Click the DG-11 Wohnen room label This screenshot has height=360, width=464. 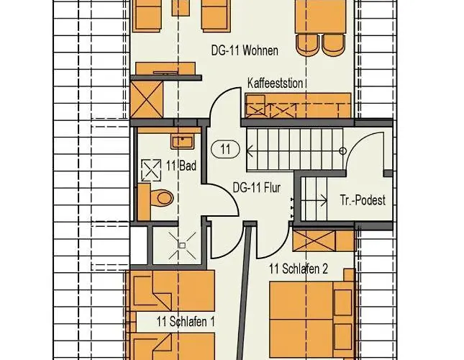point(245,50)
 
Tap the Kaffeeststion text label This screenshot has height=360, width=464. point(276,84)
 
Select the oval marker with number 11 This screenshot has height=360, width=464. point(225,149)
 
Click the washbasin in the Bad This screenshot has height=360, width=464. point(182,141)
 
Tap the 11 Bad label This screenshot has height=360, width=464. point(181,166)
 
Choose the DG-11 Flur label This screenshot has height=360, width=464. point(257,187)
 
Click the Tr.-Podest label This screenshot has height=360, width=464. point(363,200)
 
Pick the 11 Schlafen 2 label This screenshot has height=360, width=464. point(299,269)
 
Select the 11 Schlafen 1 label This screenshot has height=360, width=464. point(186,321)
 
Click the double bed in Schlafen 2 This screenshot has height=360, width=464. point(312,319)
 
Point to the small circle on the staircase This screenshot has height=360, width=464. point(342,151)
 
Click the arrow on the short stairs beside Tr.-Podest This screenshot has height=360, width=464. point(314,201)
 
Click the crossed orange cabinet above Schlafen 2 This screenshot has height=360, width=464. point(314,240)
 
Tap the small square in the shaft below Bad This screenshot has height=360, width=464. point(182,246)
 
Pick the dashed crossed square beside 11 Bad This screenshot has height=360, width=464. point(150,170)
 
